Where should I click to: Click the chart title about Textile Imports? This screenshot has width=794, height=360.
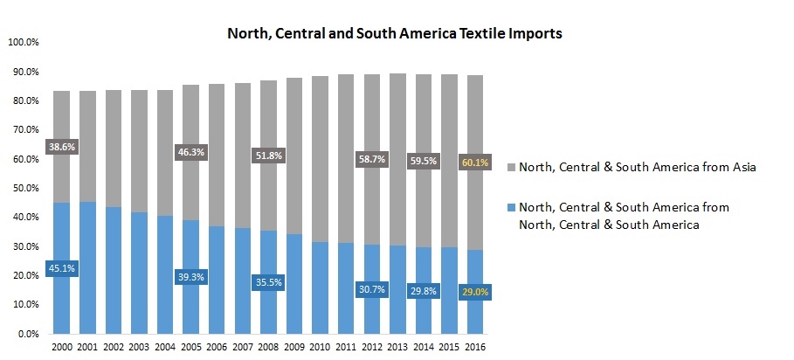(x=394, y=35)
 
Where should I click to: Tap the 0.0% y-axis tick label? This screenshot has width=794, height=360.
(x=25, y=334)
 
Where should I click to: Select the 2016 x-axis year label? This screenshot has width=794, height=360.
(x=477, y=349)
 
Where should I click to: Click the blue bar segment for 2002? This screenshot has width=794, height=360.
(x=114, y=270)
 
